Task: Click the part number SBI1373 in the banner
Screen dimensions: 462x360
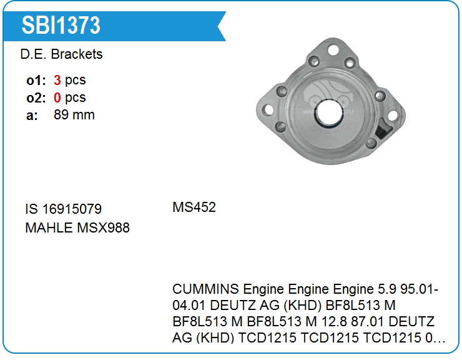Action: pos(61,25)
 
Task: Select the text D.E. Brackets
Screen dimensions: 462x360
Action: pos(61,54)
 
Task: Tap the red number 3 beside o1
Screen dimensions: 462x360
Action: pos(57,80)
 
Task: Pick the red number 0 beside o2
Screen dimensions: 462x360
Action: pos(57,97)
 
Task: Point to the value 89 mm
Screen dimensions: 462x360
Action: pos(74,115)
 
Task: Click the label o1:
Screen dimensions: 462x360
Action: pos(36,80)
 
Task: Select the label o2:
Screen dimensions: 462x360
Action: pos(36,97)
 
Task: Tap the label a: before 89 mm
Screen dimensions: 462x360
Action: pos(32,116)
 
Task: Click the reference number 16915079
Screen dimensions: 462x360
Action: pos(72,209)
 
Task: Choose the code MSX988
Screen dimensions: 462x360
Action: pos(103,227)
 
